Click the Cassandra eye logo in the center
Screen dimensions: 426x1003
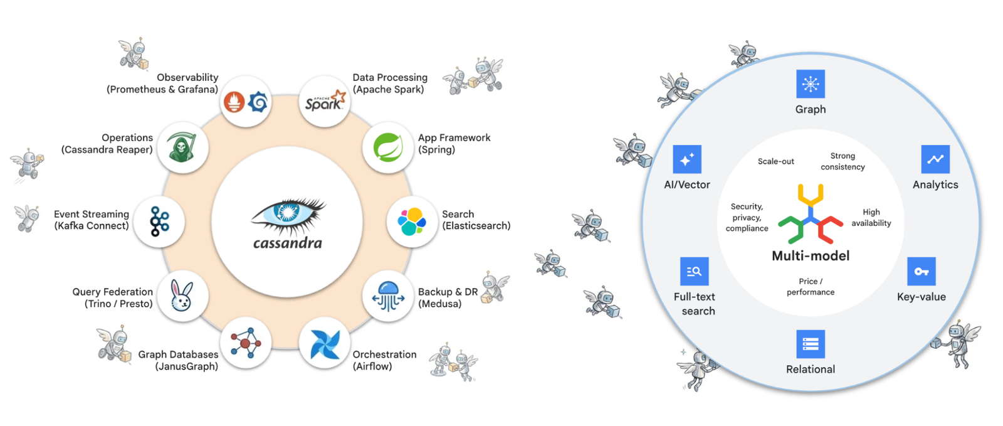(x=288, y=213)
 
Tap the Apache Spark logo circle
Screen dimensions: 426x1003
(x=324, y=101)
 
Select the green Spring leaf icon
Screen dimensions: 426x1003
(x=388, y=147)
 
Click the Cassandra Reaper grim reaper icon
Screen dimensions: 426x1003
(x=182, y=147)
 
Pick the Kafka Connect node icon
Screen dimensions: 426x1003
(x=159, y=221)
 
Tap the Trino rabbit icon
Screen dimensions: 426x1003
(x=182, y=296)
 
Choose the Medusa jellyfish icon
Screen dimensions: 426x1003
(x=388, y=296)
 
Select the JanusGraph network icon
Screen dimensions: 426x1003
(x=246, y=343)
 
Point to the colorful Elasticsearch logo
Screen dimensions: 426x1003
(x=412, y=221)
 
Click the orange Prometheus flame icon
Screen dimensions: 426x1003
(x=234, y=102)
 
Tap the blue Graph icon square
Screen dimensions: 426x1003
(x=810, y=84)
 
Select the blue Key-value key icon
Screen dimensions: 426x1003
(x=921, y=272)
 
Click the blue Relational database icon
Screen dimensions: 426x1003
(x=810, y=344)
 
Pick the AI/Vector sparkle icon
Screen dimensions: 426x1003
(x=686, y=159)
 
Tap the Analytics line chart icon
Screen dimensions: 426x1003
(x=935, y=159)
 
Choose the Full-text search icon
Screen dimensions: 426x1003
(x=694, y=272)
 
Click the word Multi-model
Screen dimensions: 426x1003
(x=810, y=256)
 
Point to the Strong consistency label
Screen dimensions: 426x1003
(x=843, y=161)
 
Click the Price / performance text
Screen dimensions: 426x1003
(x=810, y=287)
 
